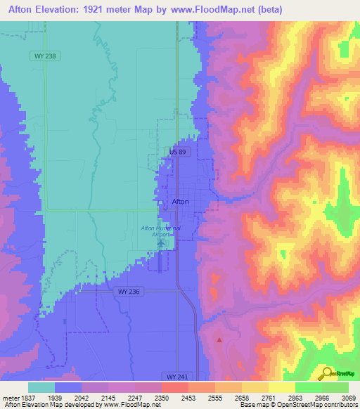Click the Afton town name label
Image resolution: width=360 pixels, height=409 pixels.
pyautogui.click(x=181, y=202)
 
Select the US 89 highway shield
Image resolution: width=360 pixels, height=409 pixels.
pyautogui.click(x=178, y=152)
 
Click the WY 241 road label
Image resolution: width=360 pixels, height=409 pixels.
pyautogui.click(x=178, y=377)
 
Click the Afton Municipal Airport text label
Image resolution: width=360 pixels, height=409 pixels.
pyautogui.click(x=161, y=231)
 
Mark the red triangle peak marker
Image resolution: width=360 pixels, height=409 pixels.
pyautogui.click(x=219, y=339)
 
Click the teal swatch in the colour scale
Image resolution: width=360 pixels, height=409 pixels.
pyautogui.click(x=41, y=387)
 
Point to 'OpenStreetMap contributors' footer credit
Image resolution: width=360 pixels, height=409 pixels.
pyautogui.click(x=323, y=405)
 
